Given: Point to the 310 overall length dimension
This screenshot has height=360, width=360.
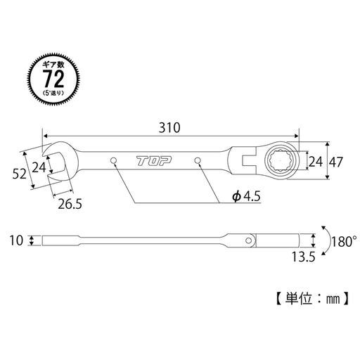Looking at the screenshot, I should point(169,128).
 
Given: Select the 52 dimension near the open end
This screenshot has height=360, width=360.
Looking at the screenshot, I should point(19,172).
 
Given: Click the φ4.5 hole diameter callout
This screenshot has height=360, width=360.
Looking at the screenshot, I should point(247,198).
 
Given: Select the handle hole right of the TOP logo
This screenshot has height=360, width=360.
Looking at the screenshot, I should point(200,162).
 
